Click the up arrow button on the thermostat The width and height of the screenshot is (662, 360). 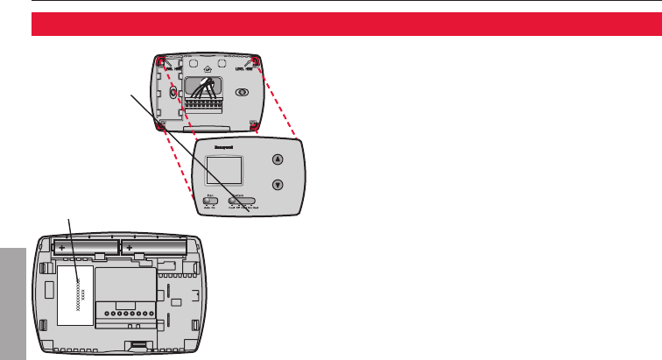(x=278, y=159)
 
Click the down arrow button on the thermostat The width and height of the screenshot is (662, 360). (x=278, y=185)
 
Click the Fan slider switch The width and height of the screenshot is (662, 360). (x=210, y=201)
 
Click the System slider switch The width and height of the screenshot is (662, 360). (x=244, y=201)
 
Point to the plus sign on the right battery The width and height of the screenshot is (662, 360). (x=130, y=248)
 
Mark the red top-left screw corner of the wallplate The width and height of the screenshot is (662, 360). (x=160, y=61)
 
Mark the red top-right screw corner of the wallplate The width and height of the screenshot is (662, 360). (x=254, y=60)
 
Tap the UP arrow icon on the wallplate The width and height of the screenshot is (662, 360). (x=206, y=65)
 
